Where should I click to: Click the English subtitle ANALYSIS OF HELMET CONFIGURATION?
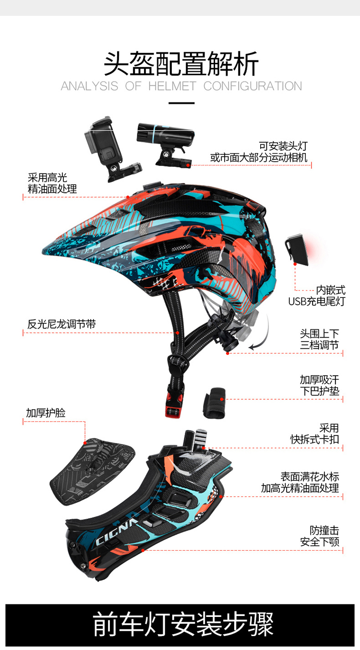[181, 86]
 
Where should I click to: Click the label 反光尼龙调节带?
[61, 324]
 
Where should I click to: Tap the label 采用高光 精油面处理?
[52, 184]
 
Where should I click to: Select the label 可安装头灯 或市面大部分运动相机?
[259, 152]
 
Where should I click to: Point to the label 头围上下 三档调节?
[319, 339]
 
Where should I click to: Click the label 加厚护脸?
[46, 413]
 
